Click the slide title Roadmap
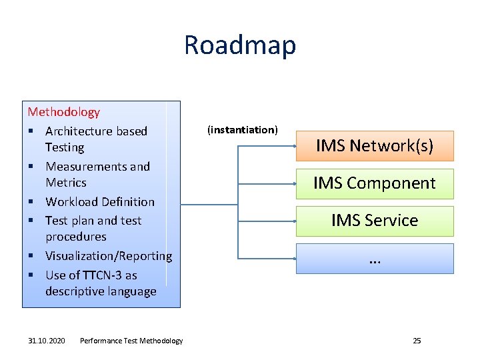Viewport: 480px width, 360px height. click(240, 45)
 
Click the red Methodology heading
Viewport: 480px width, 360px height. click(63, 112)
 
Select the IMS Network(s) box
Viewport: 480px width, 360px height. click(375, 146)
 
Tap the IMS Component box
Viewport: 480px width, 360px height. click(375, 183)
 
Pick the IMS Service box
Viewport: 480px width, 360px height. click(375, 221)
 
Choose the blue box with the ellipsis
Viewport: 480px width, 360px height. click(375, 259)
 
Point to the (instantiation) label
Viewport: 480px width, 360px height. click(243, 129)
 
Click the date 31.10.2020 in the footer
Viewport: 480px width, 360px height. click(47, 341)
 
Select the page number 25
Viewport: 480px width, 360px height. click(417, 341)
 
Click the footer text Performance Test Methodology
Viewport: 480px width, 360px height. click(131, 341)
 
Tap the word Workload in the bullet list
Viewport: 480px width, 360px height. click(70, 201)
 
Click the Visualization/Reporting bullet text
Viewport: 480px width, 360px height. click(109, 256)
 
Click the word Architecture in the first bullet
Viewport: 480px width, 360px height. click(78, 131)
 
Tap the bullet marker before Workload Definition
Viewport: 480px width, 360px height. click(31, 202)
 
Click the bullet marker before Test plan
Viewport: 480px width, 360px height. click(31, 221)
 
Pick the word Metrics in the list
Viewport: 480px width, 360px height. click(66, 182)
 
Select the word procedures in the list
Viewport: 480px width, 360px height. click(76, 237)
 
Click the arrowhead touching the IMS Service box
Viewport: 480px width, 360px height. click(294, 221)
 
